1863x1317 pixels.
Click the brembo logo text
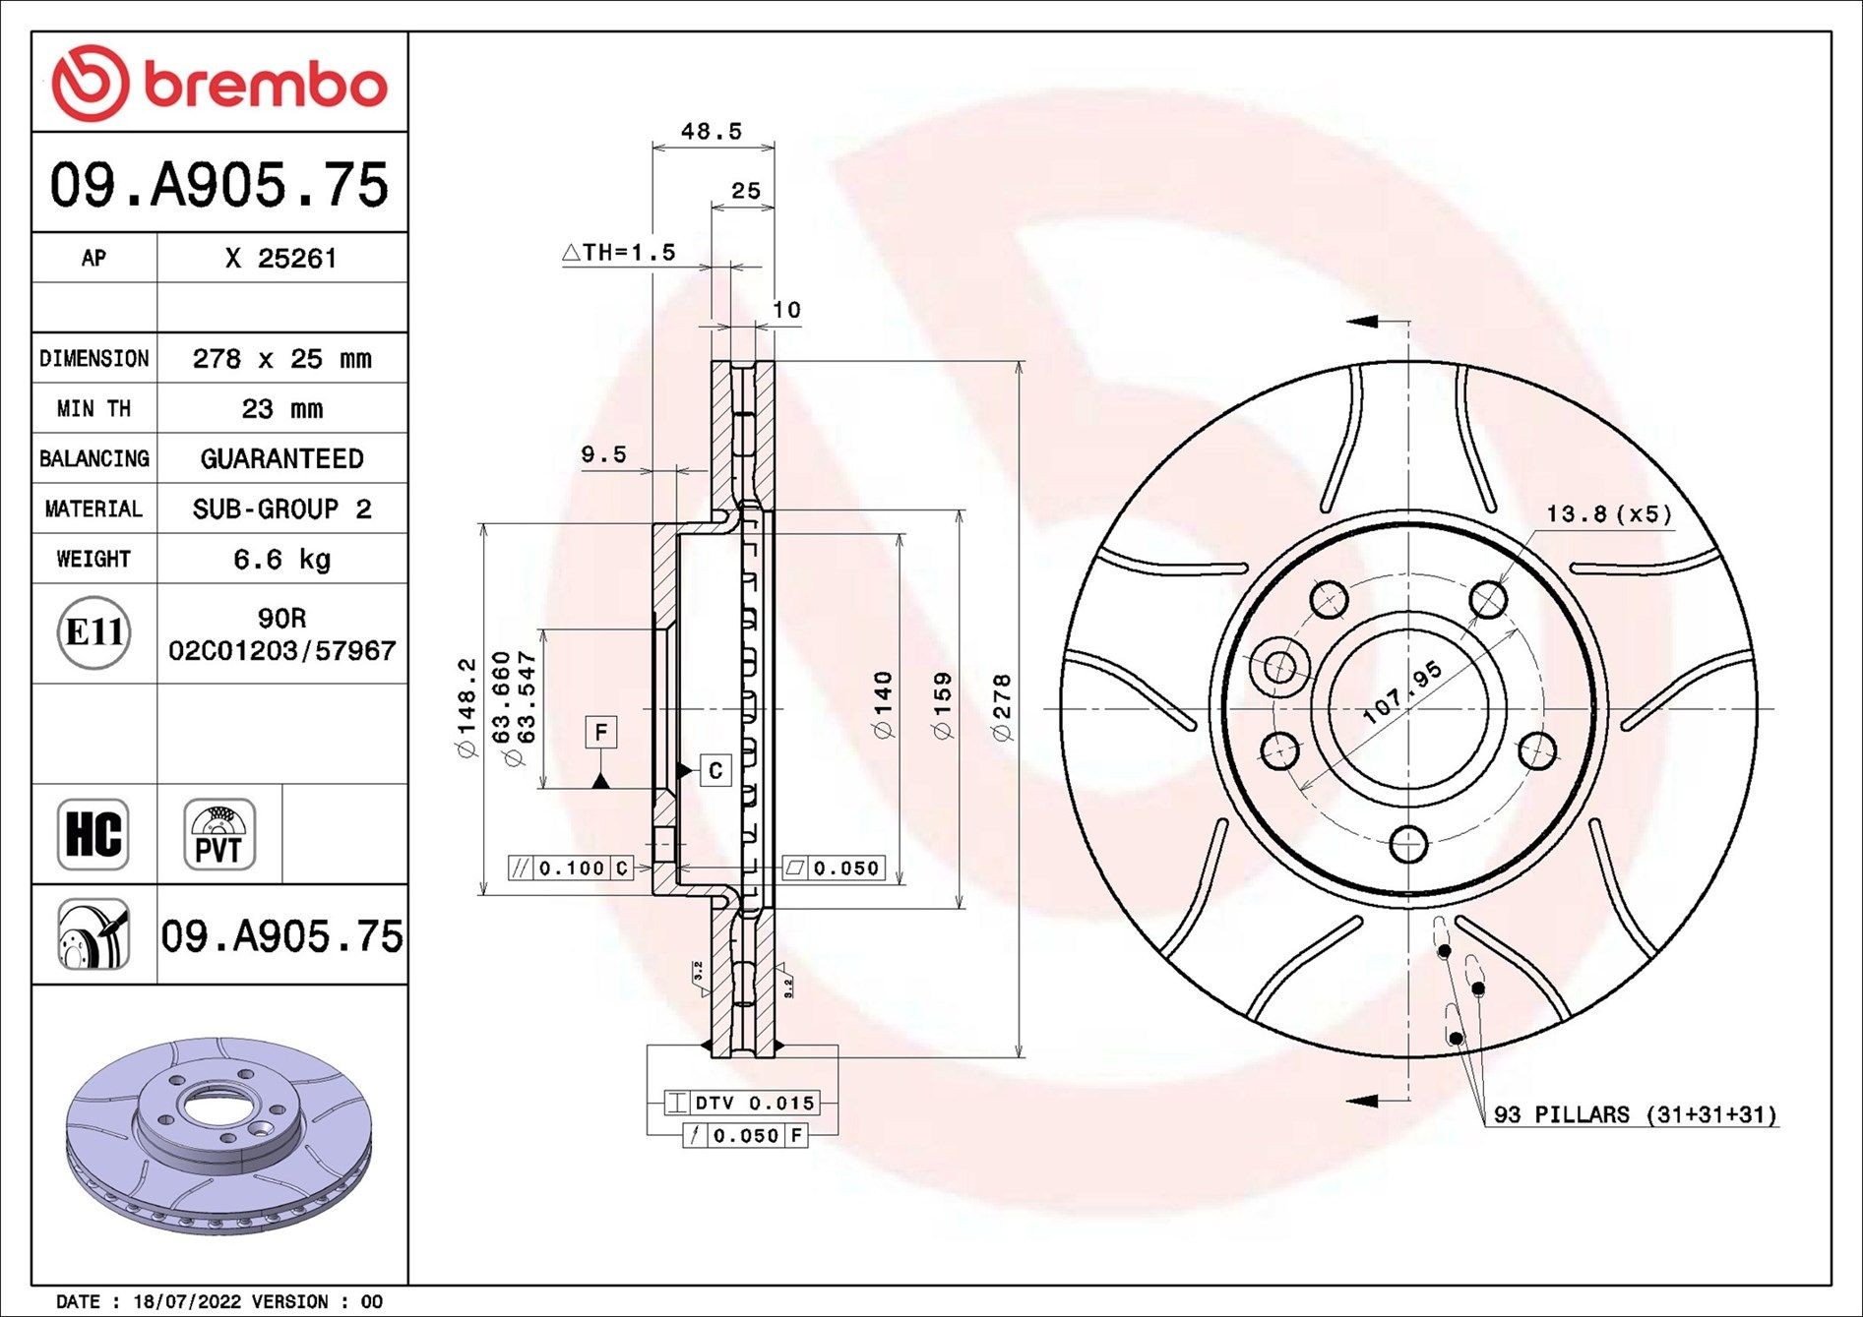pos(266,86)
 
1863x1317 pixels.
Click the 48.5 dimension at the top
pos(711,131)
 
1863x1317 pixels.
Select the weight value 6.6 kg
pos(281,560)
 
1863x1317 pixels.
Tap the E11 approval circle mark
pos(93,632)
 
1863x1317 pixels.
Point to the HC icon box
pos(93,834)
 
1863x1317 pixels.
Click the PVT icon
pos(218,834)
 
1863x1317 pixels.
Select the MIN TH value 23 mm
pos(281,409)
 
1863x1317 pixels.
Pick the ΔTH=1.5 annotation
pos(619,253)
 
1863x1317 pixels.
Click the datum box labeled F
pos(601,732)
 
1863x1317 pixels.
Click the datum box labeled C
pos(715,770)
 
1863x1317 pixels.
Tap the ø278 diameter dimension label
pos(1001,707)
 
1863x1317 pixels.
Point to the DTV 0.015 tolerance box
pos(742,1103)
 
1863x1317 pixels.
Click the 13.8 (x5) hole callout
pos(1608,513)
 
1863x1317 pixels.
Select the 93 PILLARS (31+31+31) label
pos(1635,1114)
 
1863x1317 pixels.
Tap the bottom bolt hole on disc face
pos(1408,844)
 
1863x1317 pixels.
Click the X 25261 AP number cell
pos(281,259)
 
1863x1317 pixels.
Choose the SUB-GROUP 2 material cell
pos(281,509)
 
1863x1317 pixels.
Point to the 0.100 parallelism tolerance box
pos(571,868)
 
